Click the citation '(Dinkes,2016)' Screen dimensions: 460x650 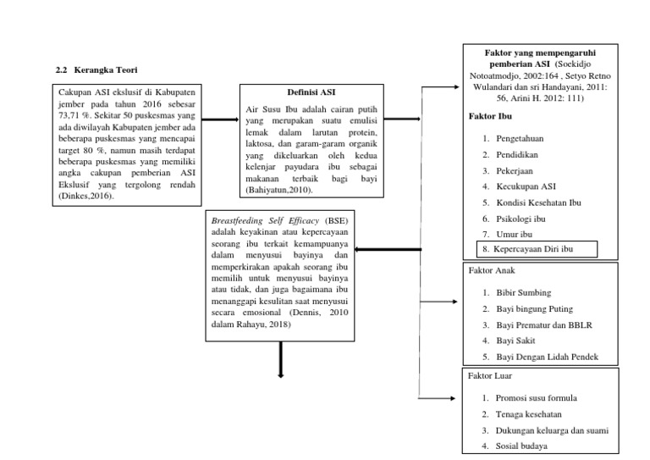pyautogui.click(x=85, y=197)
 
